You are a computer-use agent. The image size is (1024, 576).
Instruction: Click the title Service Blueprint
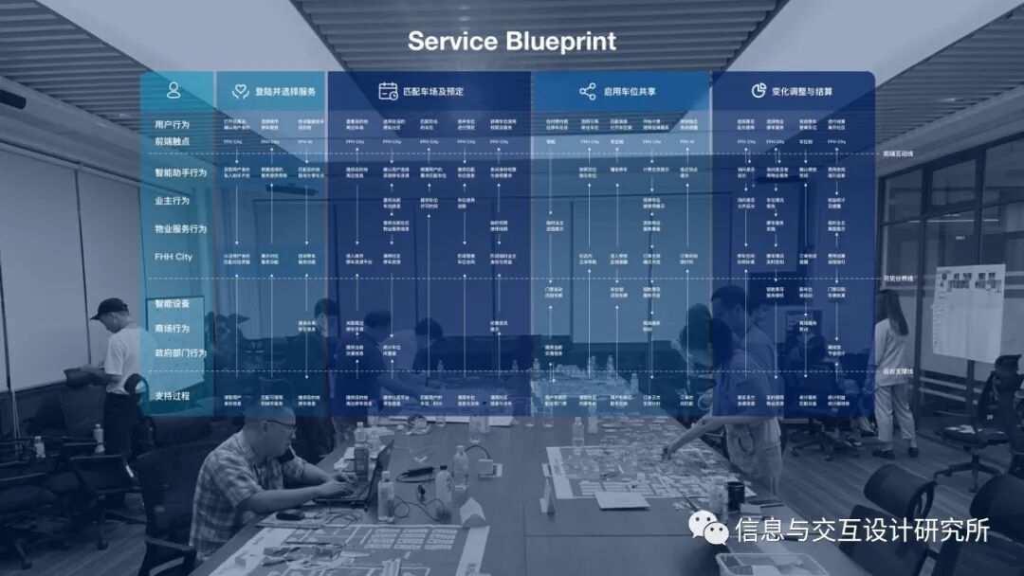(512, 42)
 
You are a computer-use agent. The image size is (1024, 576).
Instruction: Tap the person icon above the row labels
(174, 91)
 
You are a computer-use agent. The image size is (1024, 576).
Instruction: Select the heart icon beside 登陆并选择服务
(240, 92)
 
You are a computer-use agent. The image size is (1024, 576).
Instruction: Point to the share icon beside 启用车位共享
(588, 92)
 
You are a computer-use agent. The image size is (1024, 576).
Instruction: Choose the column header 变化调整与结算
(802, 92)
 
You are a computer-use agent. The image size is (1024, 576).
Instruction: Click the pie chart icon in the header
(759, 91)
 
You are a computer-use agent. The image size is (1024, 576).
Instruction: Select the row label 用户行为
(173, 124)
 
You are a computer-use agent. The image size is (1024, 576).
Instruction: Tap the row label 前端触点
(173, 141)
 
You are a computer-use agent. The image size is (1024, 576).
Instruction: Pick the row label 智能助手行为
(180, 173)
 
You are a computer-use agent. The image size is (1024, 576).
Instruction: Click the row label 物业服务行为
(180, 228)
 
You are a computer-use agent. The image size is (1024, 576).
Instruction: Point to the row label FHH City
(174, 257)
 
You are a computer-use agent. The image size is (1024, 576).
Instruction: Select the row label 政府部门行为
(180, 353)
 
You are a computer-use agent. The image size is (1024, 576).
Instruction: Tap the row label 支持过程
(173, 395)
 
